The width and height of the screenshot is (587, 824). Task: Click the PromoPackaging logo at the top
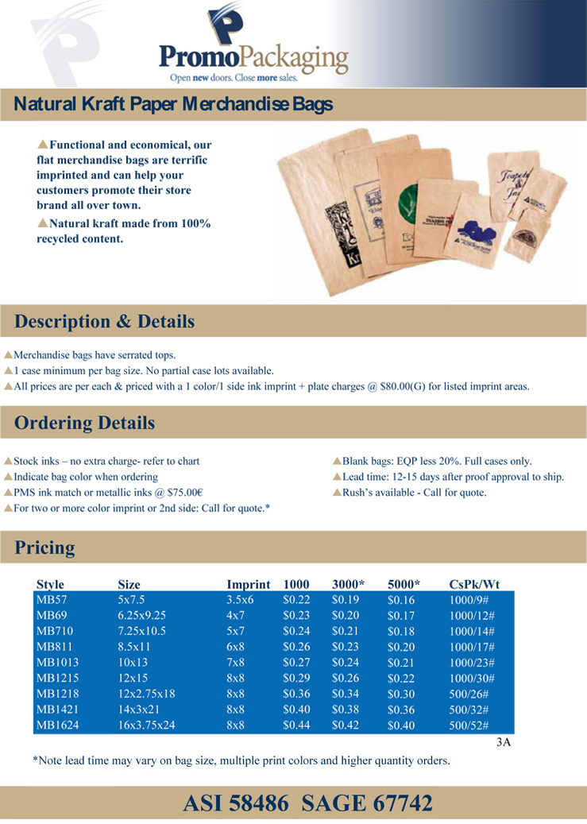(254, 44)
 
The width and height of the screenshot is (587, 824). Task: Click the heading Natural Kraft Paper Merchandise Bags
(173, 104)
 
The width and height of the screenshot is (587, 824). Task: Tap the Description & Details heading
(104, 321)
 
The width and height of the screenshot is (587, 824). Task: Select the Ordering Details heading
(84, 422)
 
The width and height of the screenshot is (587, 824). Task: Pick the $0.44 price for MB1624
(295, 725)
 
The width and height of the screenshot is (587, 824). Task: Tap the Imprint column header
(249, 584)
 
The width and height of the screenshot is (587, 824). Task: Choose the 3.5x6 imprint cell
(240, 599)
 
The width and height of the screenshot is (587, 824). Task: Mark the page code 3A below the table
(502, 744)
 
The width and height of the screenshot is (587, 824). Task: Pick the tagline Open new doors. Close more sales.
(244, 78)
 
